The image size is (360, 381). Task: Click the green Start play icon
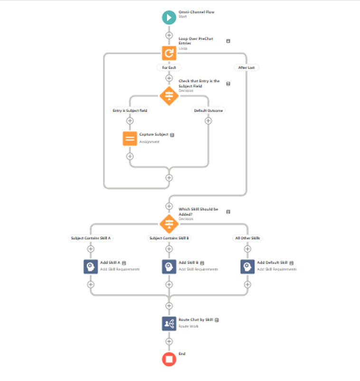pyautogui.click(x=169, y=17)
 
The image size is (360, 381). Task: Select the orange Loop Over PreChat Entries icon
pyautogui.click(x=169, y=53)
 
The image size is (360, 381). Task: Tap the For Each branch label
pyautogui.click(x=169, y=68)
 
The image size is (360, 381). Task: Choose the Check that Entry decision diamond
pyautogui.click(x=169, y=95)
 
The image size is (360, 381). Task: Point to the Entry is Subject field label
pyautogui.click(x=130, y=111)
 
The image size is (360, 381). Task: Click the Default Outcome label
pyautogui.click(x=208, y=111)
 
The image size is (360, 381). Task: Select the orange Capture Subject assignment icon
pyautogui.click(x=130, y=138)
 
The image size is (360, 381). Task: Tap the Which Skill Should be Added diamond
pyautogui.click(x=169, y=223)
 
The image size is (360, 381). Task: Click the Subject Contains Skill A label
pyautogui.click(x=91, y=238)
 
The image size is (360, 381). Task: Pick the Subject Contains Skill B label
pyautogui.click(x=169, y=238)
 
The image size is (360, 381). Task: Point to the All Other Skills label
pyautogui.click(x=247, y=238)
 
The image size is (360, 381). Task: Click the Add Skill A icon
pyautogui.click(x=91, y=266)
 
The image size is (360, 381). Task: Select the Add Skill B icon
pyautogui.click(x=169, y=266)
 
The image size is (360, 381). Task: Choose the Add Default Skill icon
pyautogui.click(x=247, y=266)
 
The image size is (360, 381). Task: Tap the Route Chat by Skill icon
pyautogui.click(x=169, y=323)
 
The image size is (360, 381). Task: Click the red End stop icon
pyautogui.click(x=169, y=359)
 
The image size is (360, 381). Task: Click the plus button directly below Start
pyautogui.click(x=169, y=35)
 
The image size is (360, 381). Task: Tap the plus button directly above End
pyautogui.click(x=169, y=341)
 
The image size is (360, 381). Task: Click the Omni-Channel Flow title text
pyautogui.click(x=196, y=12)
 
